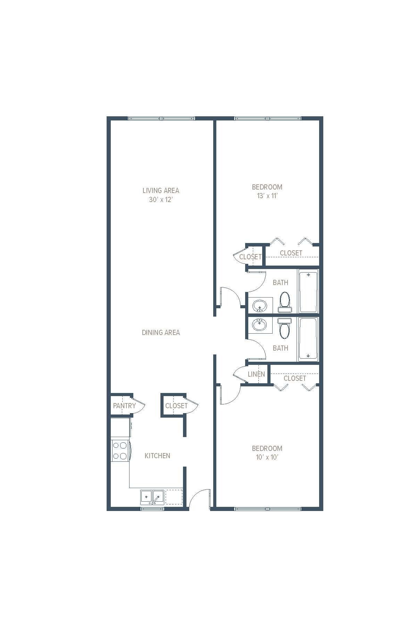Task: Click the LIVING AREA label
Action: click(x=161, y=190)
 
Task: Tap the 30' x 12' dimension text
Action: click(x=161, y=200)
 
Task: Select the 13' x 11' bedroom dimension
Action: click(x=267, y=196)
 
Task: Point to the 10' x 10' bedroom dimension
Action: click(x=267, y=457)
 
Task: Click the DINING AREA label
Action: click(x=161, y=333)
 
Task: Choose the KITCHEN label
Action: click(x=157, y=456)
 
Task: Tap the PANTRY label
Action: click(x=124, y=406)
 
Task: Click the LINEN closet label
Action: click(x=256, y=374)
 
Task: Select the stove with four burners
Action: click(x=120, y=451)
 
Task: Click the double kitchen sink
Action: click(x=152, y=497)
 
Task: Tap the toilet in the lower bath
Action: click(x=285, y=329)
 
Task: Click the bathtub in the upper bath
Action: click(x=308, y=292)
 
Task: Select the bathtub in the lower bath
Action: click(x=308, y=339)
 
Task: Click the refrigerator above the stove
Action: click(x=120, y=427)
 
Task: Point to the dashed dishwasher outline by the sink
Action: click(x=174, y=497)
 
